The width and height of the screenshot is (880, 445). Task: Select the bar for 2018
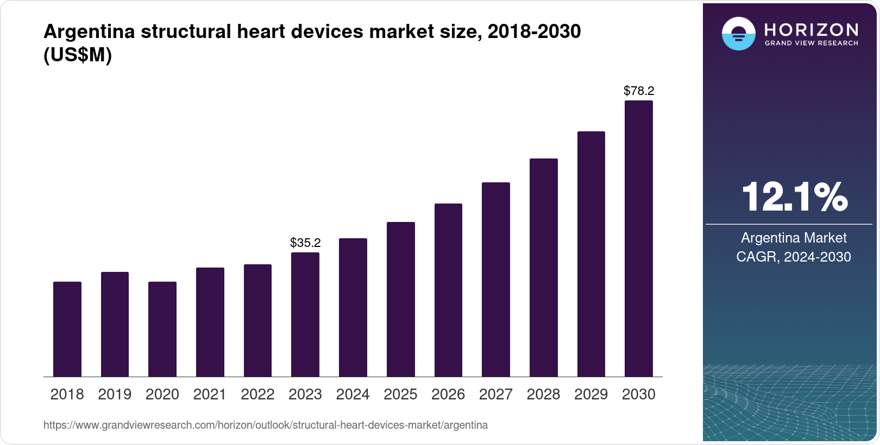point(67,329)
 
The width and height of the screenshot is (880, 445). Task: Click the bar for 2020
point(162,329)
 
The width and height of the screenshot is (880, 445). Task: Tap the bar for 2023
point(305,314)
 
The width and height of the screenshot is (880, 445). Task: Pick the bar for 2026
point(448,290)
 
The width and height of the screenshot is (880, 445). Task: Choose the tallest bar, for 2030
point(639,238)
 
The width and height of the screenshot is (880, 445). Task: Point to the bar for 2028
point(544,268)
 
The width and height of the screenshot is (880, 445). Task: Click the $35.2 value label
point(305,243)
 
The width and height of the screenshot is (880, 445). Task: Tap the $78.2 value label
point(639,91)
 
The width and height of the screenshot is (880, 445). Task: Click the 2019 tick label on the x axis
point(115,395)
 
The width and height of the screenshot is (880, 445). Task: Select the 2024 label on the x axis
point(353,395)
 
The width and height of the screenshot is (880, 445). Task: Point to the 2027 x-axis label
point(495,395)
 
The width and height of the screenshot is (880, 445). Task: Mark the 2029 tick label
point(591,395)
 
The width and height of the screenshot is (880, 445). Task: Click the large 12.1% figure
point(794,196)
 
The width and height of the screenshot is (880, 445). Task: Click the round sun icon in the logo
point(738,34)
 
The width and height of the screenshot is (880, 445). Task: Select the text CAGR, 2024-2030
point(794,257)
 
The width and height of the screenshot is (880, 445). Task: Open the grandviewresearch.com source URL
point(265,425)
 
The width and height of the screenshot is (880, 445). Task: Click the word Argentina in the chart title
point(89,31)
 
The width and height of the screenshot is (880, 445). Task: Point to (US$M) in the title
point(78,55)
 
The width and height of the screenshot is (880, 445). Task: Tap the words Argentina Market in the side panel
point(794,238)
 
